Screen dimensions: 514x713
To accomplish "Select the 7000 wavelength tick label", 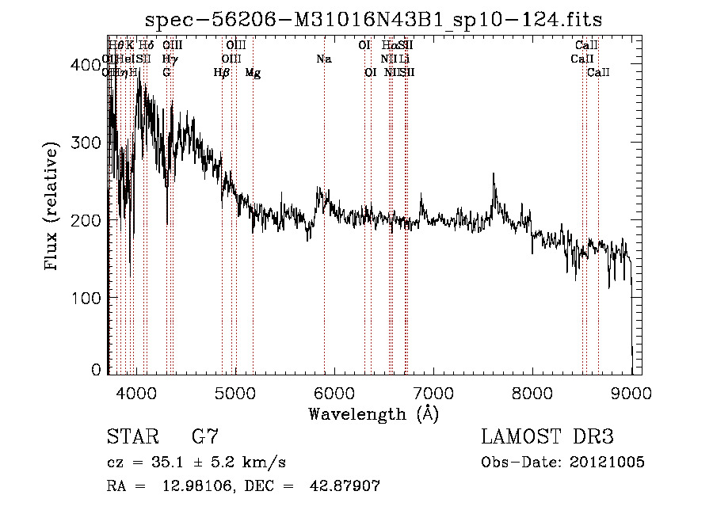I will pyautogui.click(x=433, y=393).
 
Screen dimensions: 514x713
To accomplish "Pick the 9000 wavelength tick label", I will pyautogui.click(x=631, y=393).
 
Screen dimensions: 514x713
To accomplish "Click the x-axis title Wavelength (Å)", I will pyautogui.click(x=373, y=413).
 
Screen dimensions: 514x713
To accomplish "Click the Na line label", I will pyautogui.click(x=323, y=59).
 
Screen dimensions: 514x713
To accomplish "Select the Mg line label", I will pyautogui.click(x=253, y=73).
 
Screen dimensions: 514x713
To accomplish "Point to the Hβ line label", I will pyautogui.click(x=222, y=73).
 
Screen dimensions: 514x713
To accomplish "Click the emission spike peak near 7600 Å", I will pyautogui.click(x=494, y=174).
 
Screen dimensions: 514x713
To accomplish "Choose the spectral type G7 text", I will pyautogui.click(x=204, y=437).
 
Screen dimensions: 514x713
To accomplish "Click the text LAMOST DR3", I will pyautogui.click(x=547, y=437).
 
